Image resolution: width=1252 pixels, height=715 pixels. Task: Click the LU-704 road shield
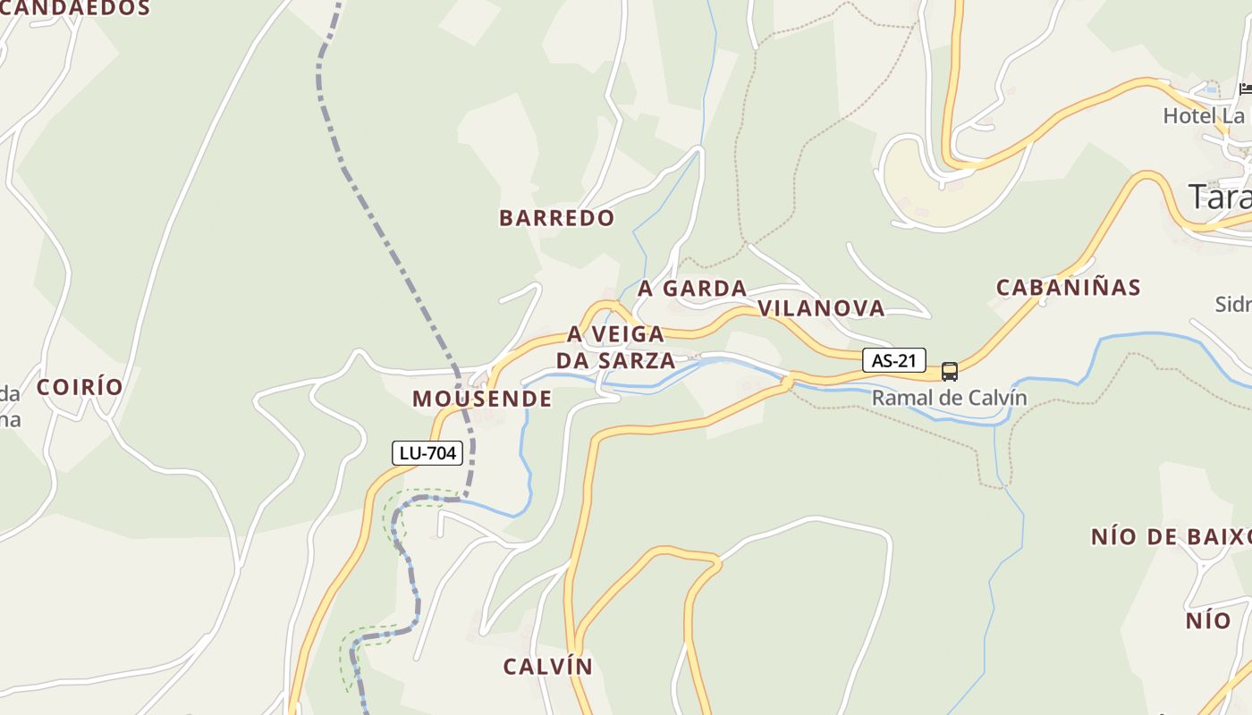(427, 453)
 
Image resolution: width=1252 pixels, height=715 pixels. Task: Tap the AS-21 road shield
(893, 360)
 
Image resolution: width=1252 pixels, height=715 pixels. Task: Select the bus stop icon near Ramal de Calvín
(950, 371)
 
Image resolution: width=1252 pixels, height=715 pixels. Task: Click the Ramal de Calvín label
(950, 398)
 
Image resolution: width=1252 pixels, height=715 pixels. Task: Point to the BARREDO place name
(557, 218)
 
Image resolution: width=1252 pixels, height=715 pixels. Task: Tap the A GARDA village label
(692, 289)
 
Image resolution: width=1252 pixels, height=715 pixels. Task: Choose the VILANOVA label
(821, 308)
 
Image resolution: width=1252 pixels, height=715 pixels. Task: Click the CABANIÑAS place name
(1069, 288)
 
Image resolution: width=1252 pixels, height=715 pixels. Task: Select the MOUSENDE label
(482, 399)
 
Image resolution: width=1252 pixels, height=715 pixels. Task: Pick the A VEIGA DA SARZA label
(616, 348)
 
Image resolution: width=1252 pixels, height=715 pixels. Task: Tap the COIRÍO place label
(80, 387)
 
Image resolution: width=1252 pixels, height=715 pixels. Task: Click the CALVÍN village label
(548, 667)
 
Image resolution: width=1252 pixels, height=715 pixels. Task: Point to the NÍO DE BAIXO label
(1170, 537)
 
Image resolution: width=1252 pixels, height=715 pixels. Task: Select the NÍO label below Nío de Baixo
(1208, 620)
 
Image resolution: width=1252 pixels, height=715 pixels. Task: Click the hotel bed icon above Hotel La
(1246, 88)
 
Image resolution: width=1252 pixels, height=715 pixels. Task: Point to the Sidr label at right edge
(1232, 305)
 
